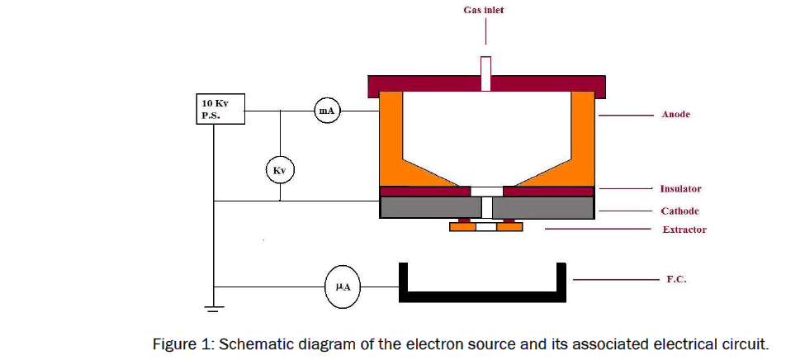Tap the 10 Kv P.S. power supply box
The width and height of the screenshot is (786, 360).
220,111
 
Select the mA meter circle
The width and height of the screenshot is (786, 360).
327,111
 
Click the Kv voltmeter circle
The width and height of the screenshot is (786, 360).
280,171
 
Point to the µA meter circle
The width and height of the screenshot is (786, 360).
343,287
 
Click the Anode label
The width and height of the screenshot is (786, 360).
675,115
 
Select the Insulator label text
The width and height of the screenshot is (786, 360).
680,189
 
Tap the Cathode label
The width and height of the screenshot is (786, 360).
679,211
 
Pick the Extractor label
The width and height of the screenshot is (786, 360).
684,230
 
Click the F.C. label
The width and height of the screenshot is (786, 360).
676,280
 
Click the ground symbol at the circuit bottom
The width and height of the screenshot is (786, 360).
214,310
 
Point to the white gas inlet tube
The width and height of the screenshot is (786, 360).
485,73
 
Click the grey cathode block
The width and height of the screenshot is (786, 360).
429,208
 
